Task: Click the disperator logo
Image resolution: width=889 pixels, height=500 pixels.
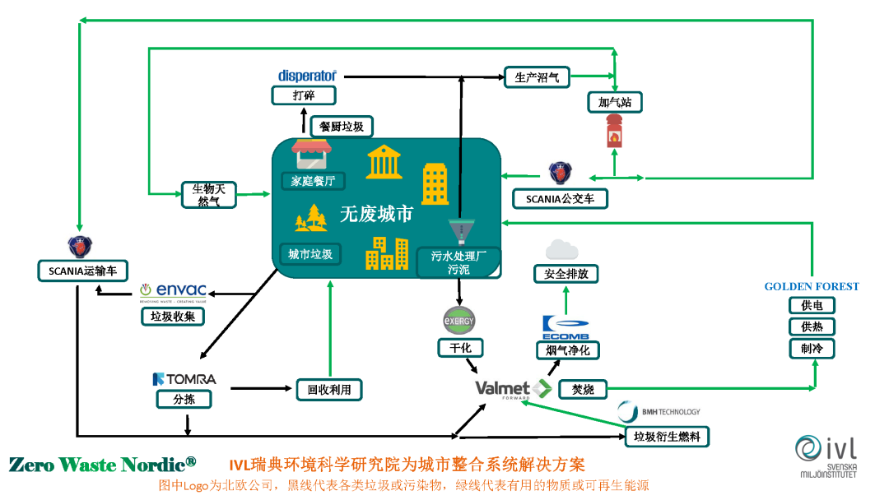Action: coord(307,76)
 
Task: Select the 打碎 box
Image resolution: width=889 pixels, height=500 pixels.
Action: coord(304,95)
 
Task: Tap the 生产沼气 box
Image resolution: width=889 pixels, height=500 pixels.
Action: coord(537,77)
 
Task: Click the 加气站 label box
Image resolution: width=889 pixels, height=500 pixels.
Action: coord(614,103)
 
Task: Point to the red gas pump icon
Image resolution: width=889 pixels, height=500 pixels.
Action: coord(613,131)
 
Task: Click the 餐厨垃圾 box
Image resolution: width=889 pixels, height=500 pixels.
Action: coord(342,127)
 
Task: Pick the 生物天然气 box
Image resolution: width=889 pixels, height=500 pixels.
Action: coord(208,195)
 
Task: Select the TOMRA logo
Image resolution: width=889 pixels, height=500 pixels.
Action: coord(184,379)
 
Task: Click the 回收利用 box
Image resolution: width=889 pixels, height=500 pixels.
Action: coord(328,389)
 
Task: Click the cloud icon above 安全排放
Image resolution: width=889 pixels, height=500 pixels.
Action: coord(562,248)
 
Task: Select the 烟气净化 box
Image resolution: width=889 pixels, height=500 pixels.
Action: coord(567,350)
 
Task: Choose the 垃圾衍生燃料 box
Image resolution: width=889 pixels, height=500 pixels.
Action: coord(667,437)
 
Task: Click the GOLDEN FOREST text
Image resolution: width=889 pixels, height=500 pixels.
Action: coord(811,287)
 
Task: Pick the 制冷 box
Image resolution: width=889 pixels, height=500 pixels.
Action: coord(811,349)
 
